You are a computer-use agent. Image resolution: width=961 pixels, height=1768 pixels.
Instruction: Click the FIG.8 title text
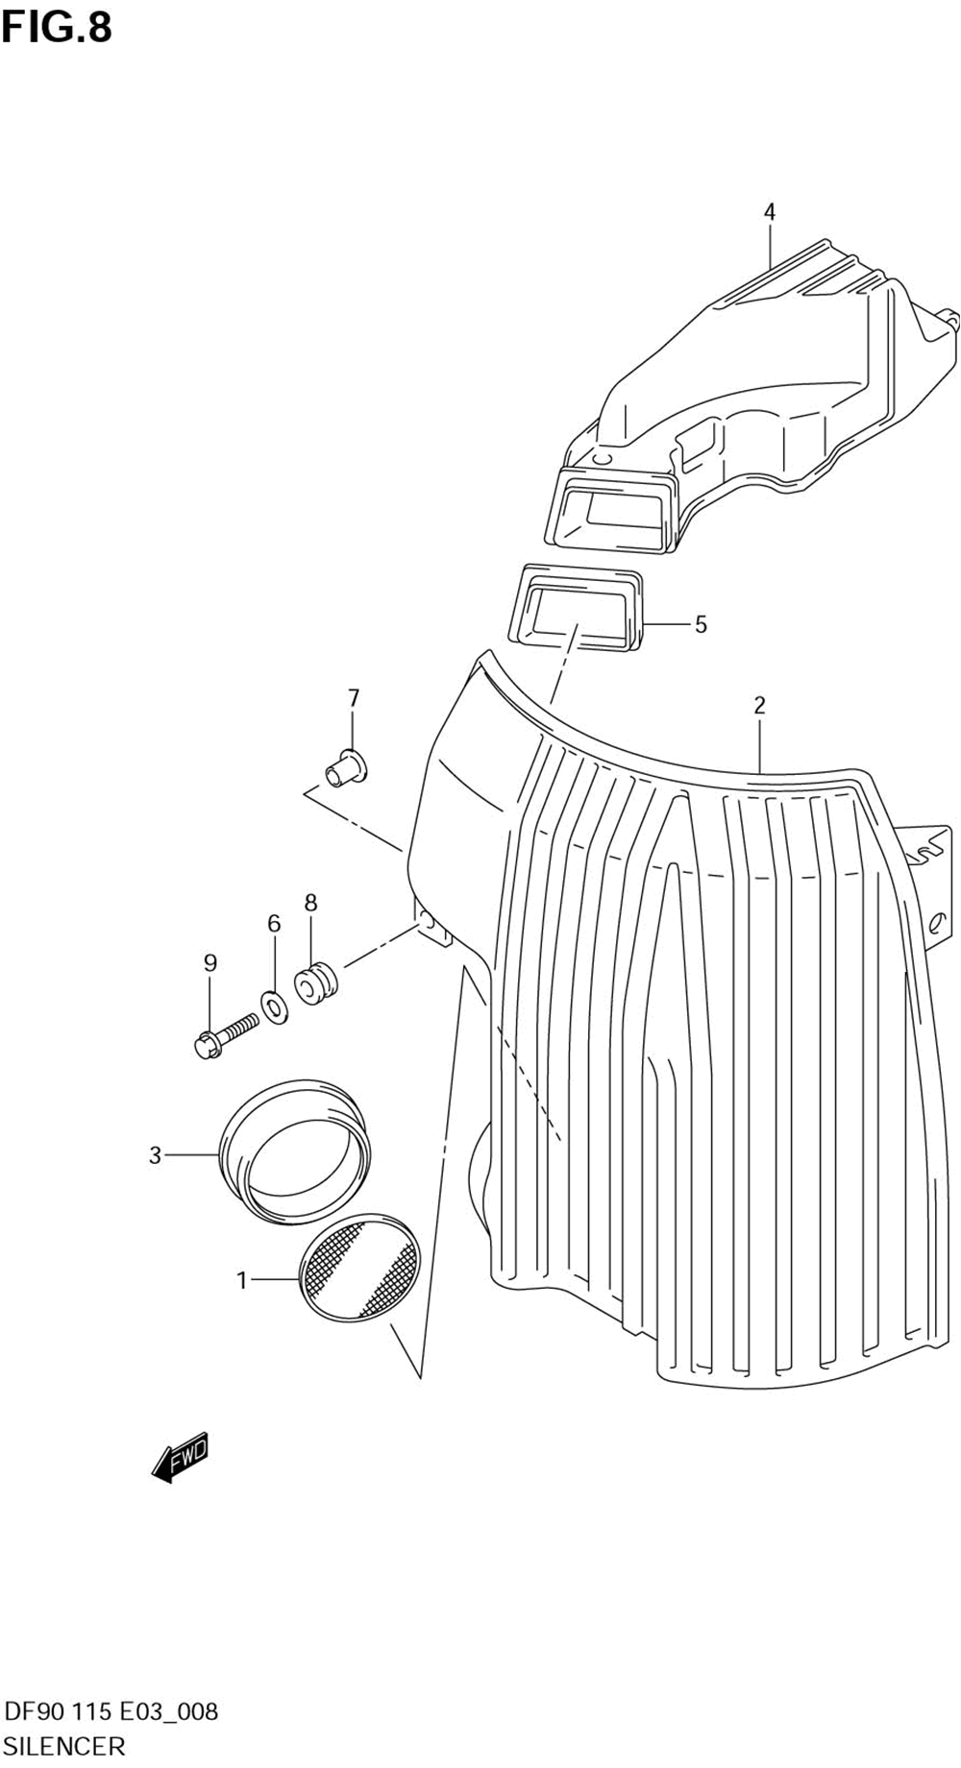click(x=57, y=28)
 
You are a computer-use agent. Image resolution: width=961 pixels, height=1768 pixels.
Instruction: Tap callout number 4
click(x=769, y=211)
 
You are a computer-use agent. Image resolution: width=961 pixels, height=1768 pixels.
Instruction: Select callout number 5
click(x=701, y=624)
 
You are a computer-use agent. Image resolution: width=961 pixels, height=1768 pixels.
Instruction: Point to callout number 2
click(x=759, y=705)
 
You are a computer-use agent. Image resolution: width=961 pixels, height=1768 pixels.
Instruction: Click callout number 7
click(x=353, y=697)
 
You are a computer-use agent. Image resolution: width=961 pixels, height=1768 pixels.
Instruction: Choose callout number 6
click(x=274, y=923)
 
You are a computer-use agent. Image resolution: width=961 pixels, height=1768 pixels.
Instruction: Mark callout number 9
click(x=209, y=962)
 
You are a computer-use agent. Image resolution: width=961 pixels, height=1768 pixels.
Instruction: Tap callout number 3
click(x=155, y=1155)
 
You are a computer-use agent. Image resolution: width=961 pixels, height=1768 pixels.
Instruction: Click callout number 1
click(x=242, y=1280)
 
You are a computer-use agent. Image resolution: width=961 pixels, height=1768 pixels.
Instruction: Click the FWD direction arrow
click(x=181, y=1459)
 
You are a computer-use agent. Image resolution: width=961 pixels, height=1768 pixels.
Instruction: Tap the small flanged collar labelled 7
click(x=347, y=765)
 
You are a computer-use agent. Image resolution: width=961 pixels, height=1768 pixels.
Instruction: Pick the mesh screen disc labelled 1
click(x=360, y=1266)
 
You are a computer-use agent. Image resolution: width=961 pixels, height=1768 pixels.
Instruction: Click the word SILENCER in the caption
click(x=64, y=1746)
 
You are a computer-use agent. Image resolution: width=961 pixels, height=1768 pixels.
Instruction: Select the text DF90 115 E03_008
click(x=111, y=1711)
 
